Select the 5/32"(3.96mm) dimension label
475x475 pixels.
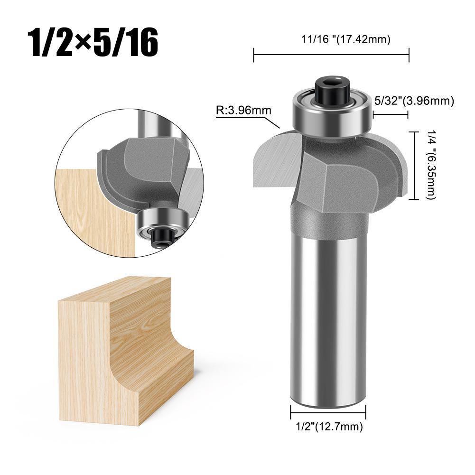coord(414,101)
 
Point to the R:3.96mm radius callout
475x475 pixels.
coord(243,111)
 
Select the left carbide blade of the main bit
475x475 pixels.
coord(275,159)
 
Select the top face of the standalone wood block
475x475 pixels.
coord(114,292)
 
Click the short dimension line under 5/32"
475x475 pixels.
coord(391,114)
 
